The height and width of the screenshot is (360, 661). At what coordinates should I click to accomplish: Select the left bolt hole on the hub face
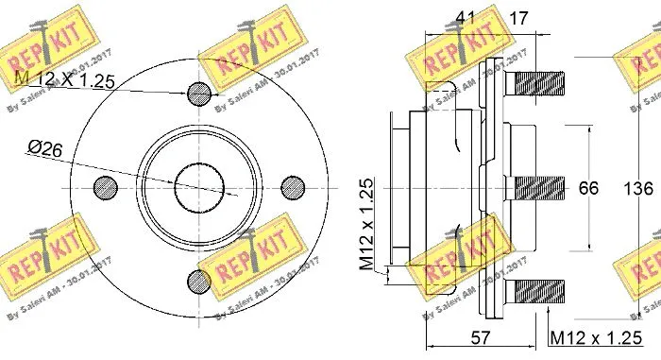coord(103,185)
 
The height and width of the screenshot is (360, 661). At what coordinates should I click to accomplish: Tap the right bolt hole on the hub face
coord(292,185)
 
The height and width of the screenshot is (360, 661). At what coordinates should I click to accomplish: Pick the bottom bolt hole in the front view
coord(197,279)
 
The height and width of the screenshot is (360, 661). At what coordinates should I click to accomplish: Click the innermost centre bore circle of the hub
coord(197,185)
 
